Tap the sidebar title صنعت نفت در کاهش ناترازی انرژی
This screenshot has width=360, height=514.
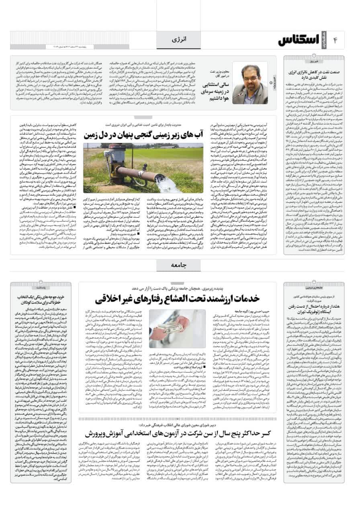click(314, 75)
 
